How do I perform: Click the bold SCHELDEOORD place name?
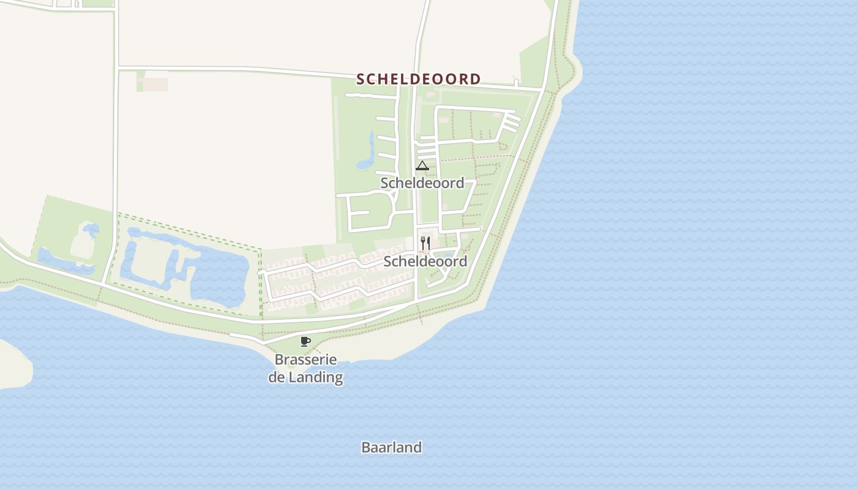click(419, 79)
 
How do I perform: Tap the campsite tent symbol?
click(422, 165)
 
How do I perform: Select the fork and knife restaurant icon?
click(425, 243)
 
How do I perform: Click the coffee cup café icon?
click(305, 341)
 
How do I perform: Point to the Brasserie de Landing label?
click(305, 368)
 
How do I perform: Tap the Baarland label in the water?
click(391, 448)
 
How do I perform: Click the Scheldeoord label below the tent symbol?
click(422, 183)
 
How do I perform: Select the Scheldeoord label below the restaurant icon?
click(425, 262)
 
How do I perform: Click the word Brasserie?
click(305, 360)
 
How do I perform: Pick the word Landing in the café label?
click(315, 377)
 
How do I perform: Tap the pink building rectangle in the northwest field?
click(155, 84)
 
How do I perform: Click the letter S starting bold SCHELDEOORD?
click(361, 79)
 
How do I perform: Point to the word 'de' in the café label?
click(277, 377)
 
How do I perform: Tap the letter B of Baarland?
click(365, 448)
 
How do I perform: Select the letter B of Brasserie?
click(279, 360)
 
